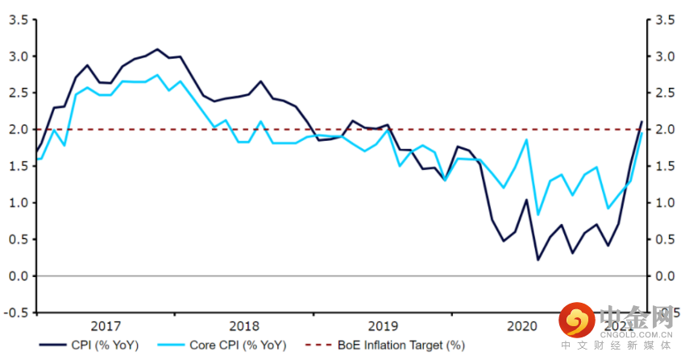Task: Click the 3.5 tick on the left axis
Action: [x=18, y=20]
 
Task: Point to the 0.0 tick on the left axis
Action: [x=18, y=276]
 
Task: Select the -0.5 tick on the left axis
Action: [x=16, y=312]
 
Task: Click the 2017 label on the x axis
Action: [x=106, y=326]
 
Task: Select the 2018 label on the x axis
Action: [x=244, y=326]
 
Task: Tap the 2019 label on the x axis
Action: [x=383, y=326]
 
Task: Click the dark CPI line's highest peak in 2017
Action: [x=157, y=49]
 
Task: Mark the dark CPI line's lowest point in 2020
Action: [x=538, y=259]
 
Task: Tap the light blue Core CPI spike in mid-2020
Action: [x=526, y=139]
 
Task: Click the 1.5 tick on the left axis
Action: [x=18, y=167]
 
